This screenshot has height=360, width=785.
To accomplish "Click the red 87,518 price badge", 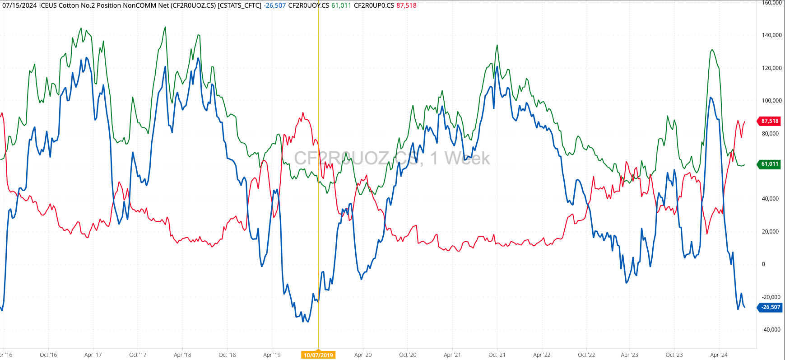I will click(x=770, y=121).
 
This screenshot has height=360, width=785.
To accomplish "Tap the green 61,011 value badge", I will click(x=770, y=164).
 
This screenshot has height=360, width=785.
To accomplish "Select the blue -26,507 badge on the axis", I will click(x=771, y=307).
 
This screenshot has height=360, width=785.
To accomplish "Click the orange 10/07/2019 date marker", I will click(x=318, y=355).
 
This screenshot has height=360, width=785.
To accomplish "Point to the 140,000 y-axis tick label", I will click(x=772, y=35).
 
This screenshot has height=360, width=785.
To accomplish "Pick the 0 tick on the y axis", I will click(x=763, y=264).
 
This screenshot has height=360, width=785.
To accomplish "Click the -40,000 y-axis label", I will click(x=771, y=330).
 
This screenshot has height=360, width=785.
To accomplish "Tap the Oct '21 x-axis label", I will click(x=497, y=355).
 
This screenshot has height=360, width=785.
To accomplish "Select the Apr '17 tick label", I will click(x=93, y=355).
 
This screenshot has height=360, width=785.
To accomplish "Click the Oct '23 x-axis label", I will click(x=674, y=355).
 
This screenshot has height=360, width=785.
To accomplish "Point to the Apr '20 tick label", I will click(x=363, y=355).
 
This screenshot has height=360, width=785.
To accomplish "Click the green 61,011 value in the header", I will click(x=341, y=5).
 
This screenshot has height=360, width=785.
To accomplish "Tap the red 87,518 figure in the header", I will click(x=406, y=5).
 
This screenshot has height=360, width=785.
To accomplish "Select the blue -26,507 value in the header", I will click(x=274, y=5).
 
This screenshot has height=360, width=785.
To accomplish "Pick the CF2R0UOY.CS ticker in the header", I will click(x=308, y=5).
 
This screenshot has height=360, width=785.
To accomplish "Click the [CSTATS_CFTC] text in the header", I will click(x=239, y=5).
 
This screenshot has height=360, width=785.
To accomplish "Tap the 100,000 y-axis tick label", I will click(x=772, y=101).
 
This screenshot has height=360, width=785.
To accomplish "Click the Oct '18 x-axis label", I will click(x=227, y=355).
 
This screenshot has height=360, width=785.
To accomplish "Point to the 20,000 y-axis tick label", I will click(x=771, y=232).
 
